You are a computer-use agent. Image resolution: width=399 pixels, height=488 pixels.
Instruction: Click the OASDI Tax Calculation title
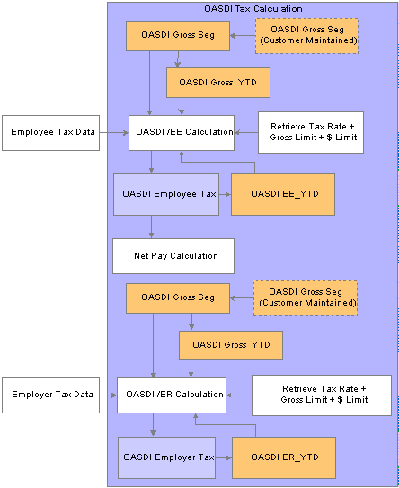[x=253, y=9]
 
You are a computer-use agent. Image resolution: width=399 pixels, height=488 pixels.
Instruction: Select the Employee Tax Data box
[x=50, y=133]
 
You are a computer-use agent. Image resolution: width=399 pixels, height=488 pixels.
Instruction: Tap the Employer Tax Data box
[x=50, y=395]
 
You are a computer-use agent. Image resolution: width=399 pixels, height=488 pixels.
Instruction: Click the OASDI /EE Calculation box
[x=182, y=133]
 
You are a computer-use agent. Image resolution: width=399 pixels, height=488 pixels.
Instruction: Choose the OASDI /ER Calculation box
[x=172, y=395]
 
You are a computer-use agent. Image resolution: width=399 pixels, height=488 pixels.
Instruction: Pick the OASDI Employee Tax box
[x=166, y=194]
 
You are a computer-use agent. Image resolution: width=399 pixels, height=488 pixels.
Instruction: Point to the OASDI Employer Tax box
[x=166, y=457]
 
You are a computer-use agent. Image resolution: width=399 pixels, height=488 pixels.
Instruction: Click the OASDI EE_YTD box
[x=283, y=194]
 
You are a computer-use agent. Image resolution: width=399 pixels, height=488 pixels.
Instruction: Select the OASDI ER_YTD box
[x=284, y=457]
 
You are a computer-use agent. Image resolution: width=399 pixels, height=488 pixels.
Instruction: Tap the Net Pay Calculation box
[x=173, y=256]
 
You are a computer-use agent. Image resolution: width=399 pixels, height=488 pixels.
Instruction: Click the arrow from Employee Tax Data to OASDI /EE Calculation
[x=114, y=133]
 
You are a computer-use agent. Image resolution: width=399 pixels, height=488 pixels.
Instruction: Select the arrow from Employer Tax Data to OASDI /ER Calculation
[x=109, y=395]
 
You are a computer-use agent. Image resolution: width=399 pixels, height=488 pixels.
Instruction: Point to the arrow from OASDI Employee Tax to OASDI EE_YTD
[x=225, y=194]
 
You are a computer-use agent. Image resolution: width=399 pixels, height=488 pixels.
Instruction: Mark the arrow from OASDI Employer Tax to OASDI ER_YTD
[x=224, y=457]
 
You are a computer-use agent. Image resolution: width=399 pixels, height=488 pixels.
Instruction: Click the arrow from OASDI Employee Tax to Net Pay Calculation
[x=151, y=226]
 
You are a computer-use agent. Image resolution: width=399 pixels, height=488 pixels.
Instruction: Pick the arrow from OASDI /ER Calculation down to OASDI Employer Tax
[x=153, y=425]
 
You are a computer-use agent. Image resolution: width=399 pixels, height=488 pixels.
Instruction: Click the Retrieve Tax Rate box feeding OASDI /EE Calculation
[x=311, y=132]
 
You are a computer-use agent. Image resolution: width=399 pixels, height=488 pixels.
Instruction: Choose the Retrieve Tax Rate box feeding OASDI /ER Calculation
[x=322, y=395]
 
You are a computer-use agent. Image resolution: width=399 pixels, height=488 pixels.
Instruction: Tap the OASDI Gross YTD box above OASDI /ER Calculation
[x=231, y=345]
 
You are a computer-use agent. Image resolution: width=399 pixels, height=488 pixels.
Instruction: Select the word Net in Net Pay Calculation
[x=141, y=256]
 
